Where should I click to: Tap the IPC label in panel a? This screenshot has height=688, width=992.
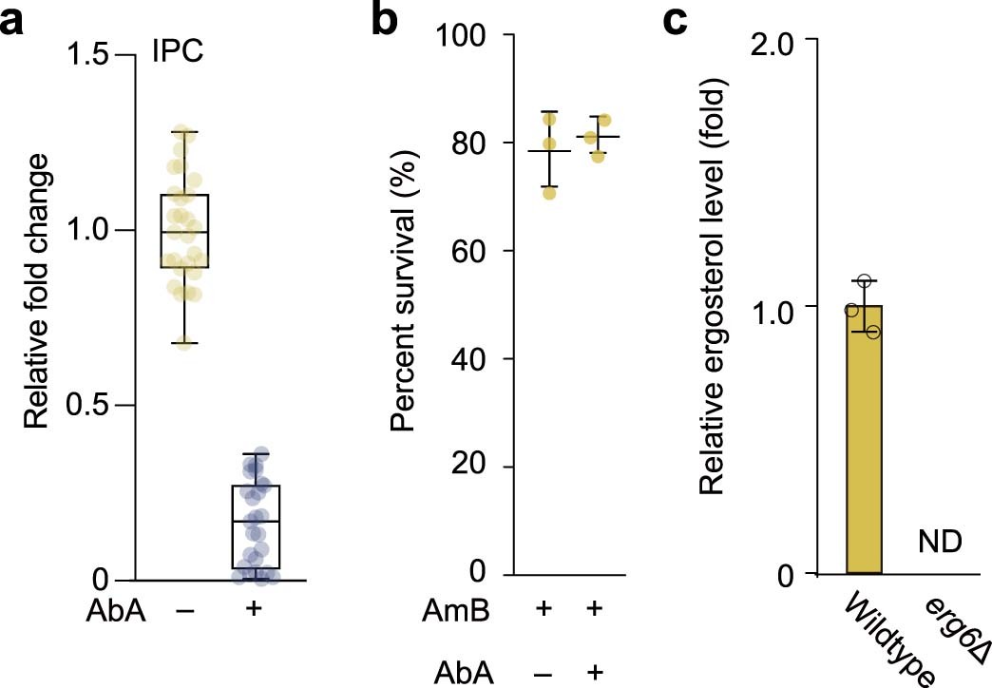click(178, 53)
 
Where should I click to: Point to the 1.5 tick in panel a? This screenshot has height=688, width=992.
click(94, 55)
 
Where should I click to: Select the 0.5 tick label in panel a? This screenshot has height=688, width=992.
click(94, 406)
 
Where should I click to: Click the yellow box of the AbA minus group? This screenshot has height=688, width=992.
click(184, 231)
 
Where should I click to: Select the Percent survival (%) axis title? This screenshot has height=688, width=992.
click(406, 304)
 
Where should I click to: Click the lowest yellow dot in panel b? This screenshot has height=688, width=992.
click(549, 193)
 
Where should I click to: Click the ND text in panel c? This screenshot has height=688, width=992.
click(941, 543)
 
